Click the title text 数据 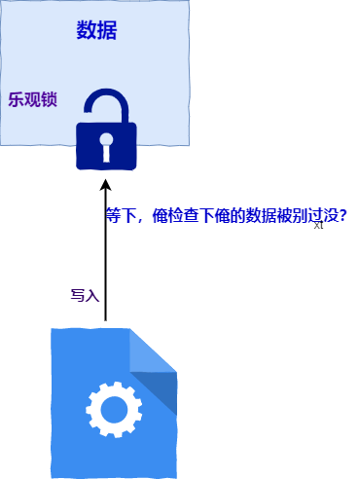96,30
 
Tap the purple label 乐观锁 33,99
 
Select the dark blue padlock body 106,146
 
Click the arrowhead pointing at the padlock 105,184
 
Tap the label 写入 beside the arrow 85,295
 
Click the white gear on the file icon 114,410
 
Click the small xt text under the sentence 318,225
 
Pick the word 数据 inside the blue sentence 261,215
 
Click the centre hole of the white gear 114,410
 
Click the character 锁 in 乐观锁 50,99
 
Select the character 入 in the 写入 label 92,295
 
